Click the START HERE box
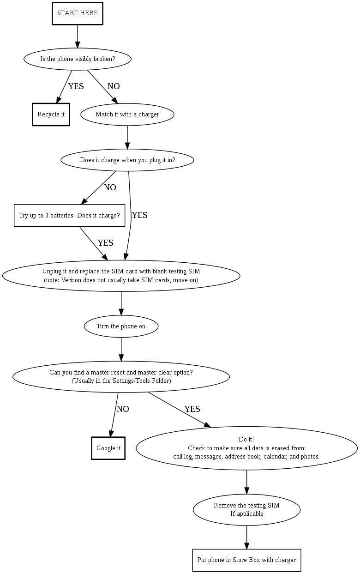pos(77,13)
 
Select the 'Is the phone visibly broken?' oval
pos(78,59)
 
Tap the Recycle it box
pos(51,115)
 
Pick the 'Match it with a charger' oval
pos(127,115)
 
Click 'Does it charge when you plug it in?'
pos(127,160)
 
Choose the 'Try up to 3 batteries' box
pos(69,216)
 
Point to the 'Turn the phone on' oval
pos(121,326)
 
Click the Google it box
pos(108,448)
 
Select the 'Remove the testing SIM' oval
pos(246,510)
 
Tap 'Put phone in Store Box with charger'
pos(246,560)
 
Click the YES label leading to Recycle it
pos(76,86)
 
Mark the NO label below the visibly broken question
pos(114,86)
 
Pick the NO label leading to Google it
pos(123,409)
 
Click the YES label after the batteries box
pos(105,243)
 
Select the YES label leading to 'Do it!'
pos(192,409)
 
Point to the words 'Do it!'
pos(246,439)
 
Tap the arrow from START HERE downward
pos(77,36)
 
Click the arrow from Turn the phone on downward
pos(121,349)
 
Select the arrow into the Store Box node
pos(246,538)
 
